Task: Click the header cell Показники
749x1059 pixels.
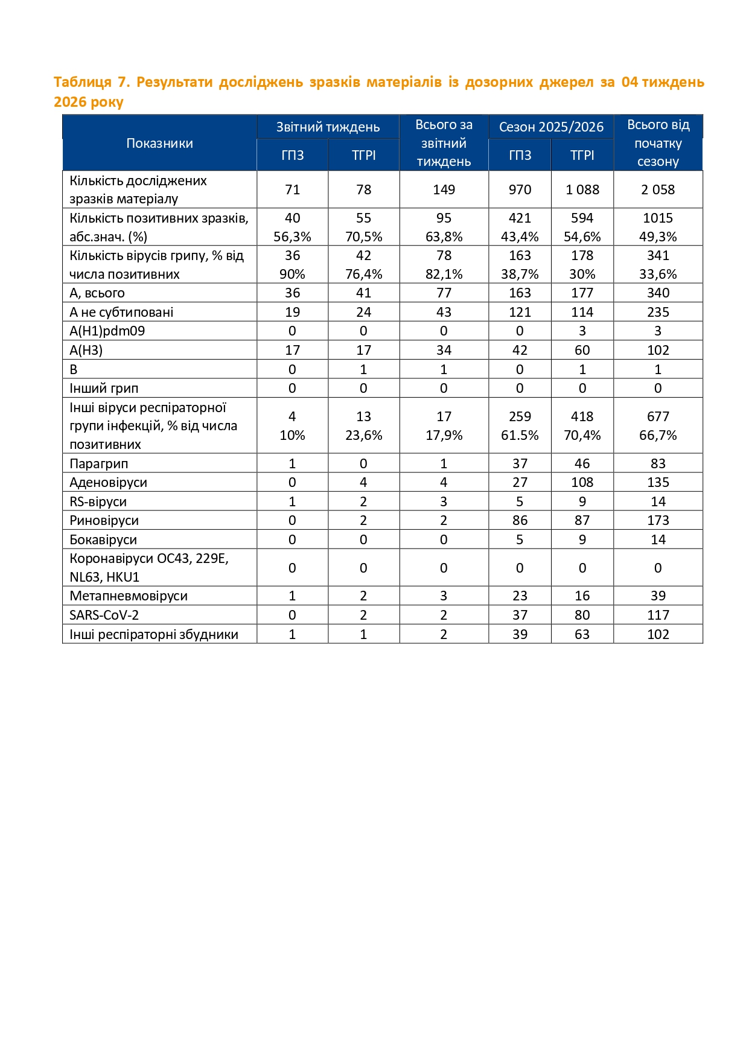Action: pyautogui.click(x=159, y=143)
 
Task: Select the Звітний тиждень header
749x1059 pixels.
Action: pyautogui.click(x=328, y=127)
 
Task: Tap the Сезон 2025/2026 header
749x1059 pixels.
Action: pyautogui.click(x=551, y=127)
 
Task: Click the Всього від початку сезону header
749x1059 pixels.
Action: pyautogui.click(x=658, y=143)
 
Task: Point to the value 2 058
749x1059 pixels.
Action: pyautogui.click(x=658, y=189)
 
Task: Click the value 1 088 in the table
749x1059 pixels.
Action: pyautogui.click(x=582, y=189)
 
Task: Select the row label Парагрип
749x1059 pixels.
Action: pyautogui.click(x=99, y=463)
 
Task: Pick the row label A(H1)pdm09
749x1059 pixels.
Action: pyautogui.click(x=107, y=331)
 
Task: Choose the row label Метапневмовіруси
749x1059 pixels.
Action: pyautogui.click(x=129, y=596)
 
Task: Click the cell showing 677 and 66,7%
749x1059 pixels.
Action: pyautogui.click(x=658, y=425)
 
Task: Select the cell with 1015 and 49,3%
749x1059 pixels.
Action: pyautogui.click(x=658, y=227)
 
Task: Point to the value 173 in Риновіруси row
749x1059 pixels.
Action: pyautogui.click(x=658, y=520)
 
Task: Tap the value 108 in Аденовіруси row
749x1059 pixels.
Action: pyautogui.click(x=582, y=482)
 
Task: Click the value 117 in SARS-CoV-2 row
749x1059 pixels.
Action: pyautogui.click(x=658, y=615)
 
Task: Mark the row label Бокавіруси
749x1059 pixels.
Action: pyautogui.click(x=103, y=539)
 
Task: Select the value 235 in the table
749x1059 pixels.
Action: pyautogui.click(x=658, y=312)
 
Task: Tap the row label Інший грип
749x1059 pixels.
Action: pyautogui.click(x=104, y=388)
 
